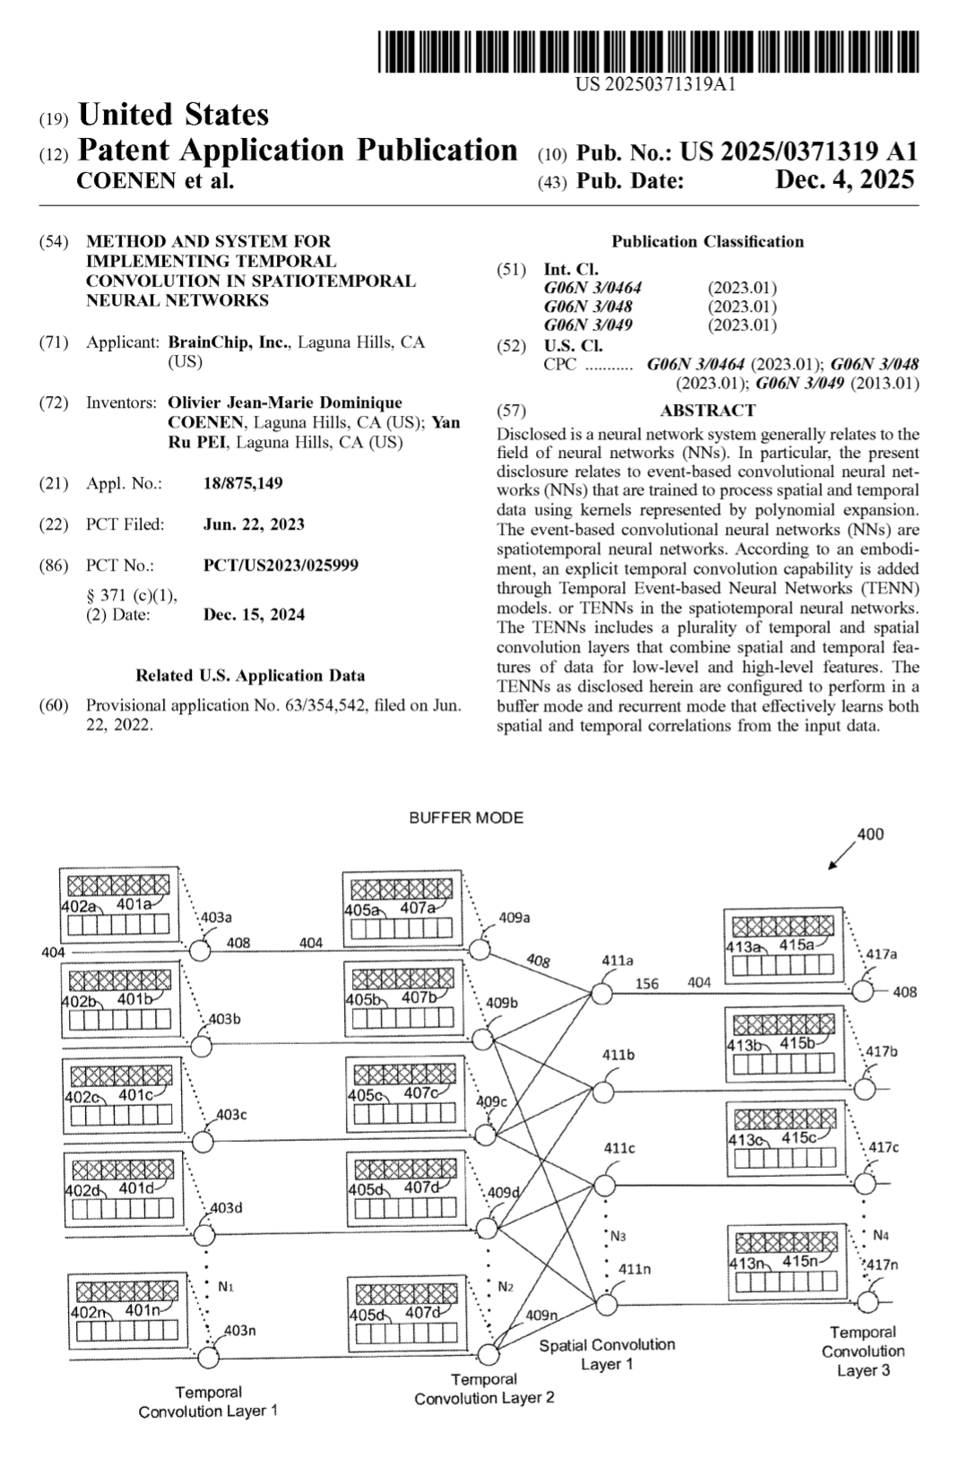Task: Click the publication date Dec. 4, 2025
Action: click(844, 180)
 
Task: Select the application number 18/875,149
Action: click(243, 484)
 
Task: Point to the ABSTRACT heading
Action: click(707, 410)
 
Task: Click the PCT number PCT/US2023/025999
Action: click(281, 566)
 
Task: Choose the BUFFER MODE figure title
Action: click(466, 817)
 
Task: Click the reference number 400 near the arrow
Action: click(869, 834)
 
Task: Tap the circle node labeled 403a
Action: click(200, 950)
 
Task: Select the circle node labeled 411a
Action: click(599, 993)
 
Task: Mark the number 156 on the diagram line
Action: click(646, 983)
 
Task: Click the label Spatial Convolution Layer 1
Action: click(607, 1353)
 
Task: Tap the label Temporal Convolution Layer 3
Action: click(862, 1351)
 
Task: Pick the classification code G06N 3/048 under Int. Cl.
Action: click(587, 307)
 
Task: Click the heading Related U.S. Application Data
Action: click(250, 676)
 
